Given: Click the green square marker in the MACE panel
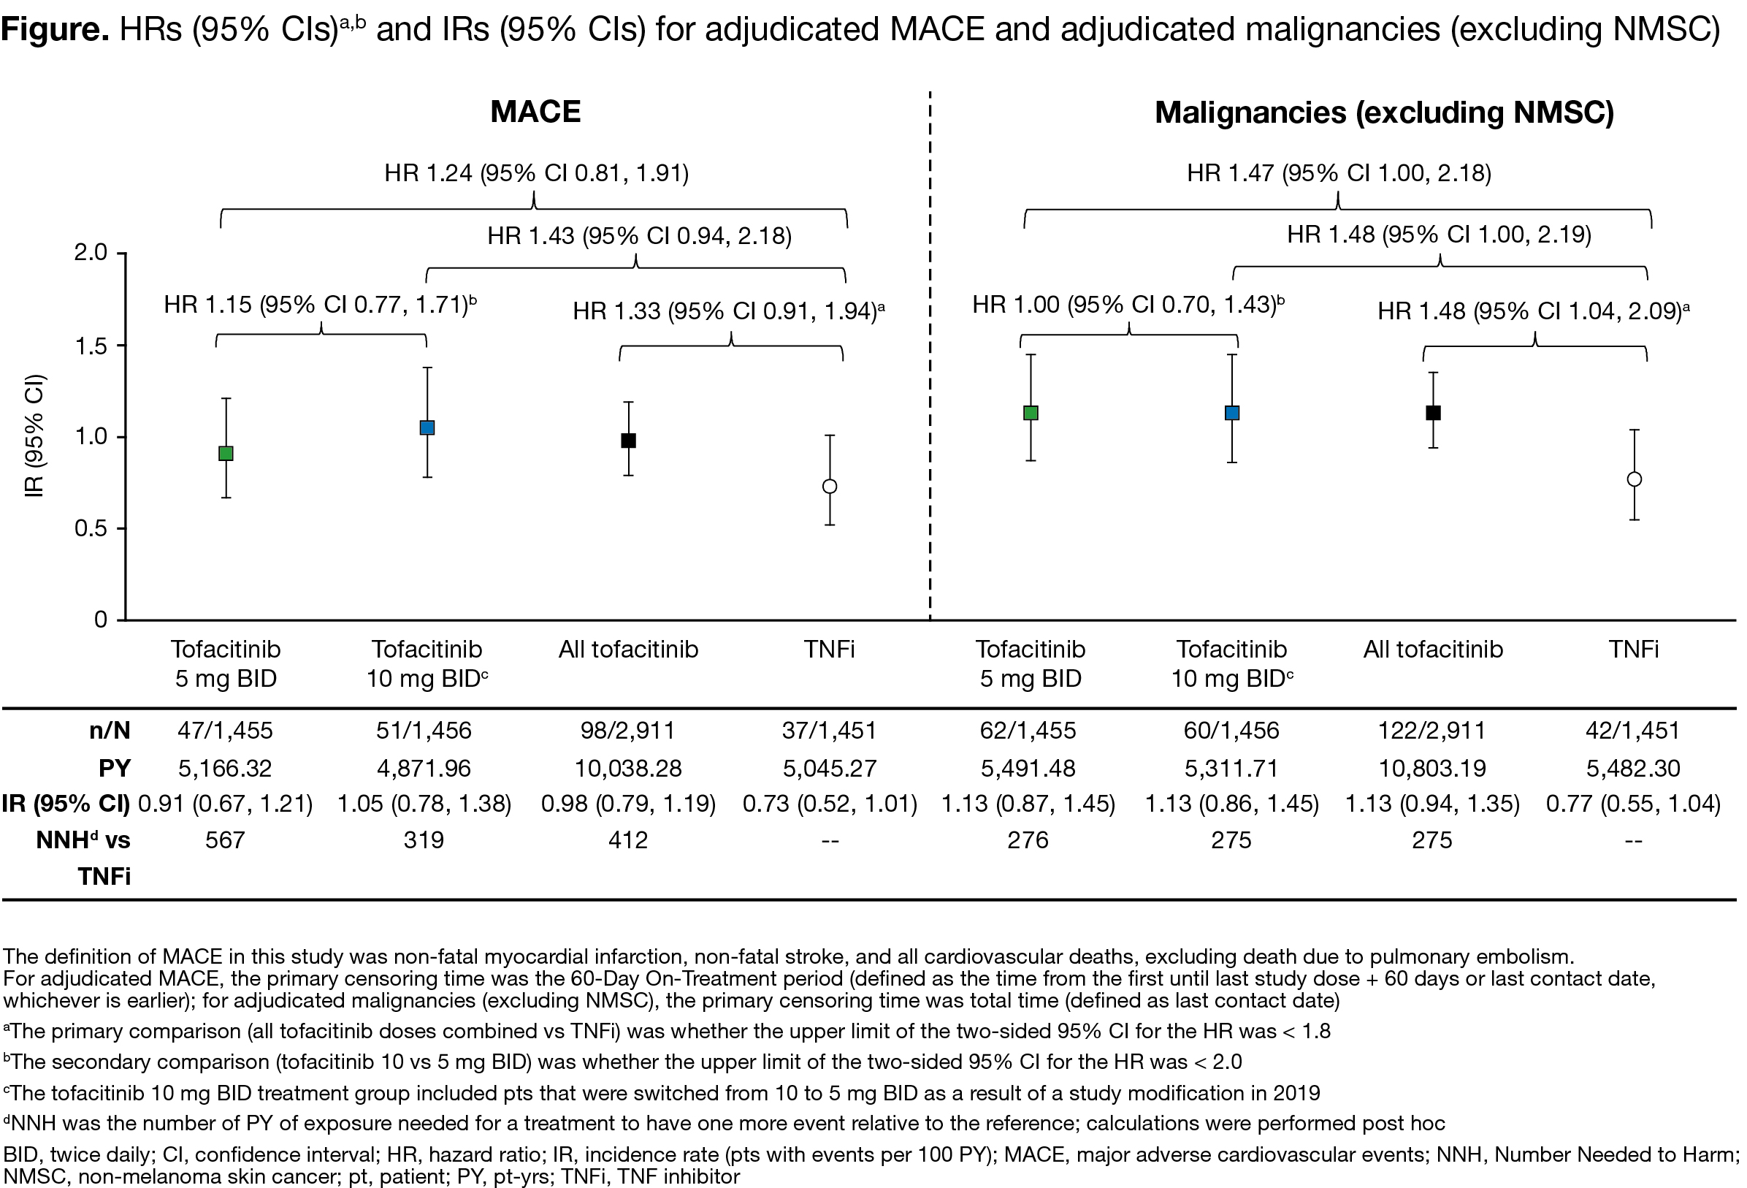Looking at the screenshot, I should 226,454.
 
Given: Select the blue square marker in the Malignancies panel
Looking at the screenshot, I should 1232,413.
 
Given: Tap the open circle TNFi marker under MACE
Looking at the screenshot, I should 830,487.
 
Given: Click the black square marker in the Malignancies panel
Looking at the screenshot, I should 1434,413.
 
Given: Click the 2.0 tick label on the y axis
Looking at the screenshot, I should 91,253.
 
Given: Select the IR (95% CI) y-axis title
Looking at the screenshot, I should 34,436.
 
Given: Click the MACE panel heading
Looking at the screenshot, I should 535,112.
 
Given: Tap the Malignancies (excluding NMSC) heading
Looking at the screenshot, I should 1384,113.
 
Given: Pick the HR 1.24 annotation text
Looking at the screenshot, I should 536,174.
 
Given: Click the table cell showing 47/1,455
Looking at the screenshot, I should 225,730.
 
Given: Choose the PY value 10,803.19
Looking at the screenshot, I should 1432,768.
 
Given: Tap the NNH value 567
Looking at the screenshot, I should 225,840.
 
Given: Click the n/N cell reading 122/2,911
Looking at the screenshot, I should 1432,730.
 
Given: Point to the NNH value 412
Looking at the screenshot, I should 627,840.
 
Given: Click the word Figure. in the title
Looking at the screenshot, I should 55,29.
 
